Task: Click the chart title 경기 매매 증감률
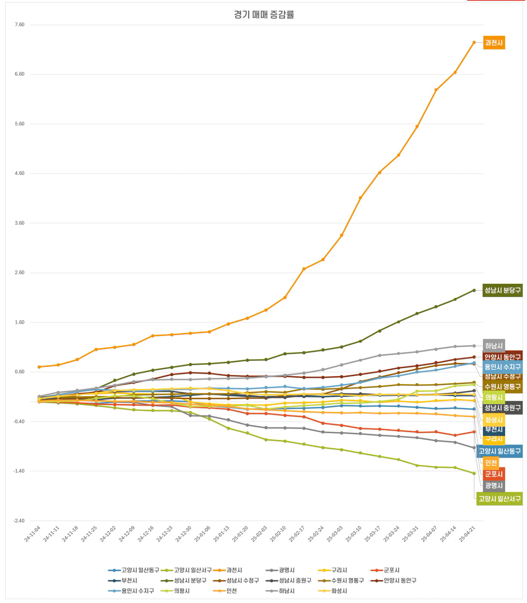(x=264, y=15)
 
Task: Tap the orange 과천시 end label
(x=493, y=43)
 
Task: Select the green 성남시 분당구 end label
(x=502, y=290)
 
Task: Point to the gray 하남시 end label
(x=493, y=346)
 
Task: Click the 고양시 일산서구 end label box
(x=499, y=499)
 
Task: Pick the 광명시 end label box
(x=493, y=486)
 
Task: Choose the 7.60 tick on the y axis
(x=19, y=25)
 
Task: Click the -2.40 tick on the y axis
(x=19, y=521)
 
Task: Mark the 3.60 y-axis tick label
(x=19, y=223)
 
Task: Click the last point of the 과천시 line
(x=474, y=43)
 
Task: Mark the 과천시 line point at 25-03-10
(x=360, y=198)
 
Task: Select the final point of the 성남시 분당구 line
(x=474, y=290)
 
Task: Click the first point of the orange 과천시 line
(x=39, y=367)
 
